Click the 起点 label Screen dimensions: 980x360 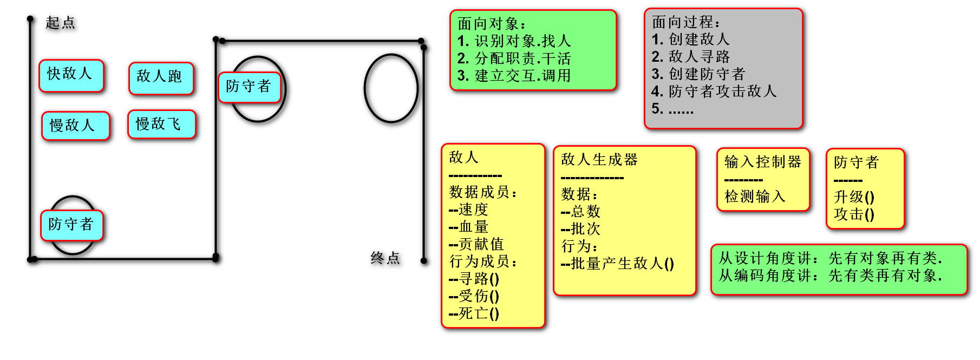click(60, 23)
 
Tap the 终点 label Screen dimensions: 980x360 click(385, 258)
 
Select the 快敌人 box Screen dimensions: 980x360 click(71, 75)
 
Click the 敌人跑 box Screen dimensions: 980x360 click(161, 78)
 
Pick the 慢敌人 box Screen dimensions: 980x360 click(75, 126)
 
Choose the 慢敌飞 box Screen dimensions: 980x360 click(161, 124)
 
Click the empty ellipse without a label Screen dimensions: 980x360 click(391, 88)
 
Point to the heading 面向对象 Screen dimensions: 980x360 click(491, 24)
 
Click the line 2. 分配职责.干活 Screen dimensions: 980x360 click(514, 58)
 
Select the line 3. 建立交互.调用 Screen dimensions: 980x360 click(514, 76)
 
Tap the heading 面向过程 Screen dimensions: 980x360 click(685, 22)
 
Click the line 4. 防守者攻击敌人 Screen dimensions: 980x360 click(714, 91)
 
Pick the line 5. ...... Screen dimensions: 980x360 click(672, 109)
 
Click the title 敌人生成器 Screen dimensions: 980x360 click(599, 160)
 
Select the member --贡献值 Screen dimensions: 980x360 click(476, 244)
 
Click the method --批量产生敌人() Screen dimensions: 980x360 click(617, 264)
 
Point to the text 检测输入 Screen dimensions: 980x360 click(755, 197)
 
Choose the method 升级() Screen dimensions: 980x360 click(854, 197)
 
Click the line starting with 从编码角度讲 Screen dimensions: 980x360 click(830, 276)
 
